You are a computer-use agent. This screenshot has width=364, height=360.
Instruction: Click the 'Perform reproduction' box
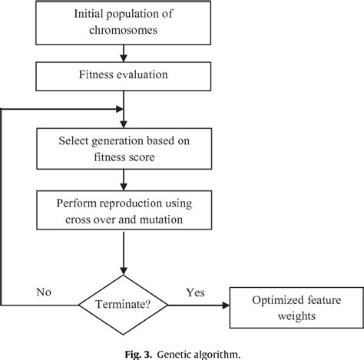point(122,211)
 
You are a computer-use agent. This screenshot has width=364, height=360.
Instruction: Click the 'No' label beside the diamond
point(43,292)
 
